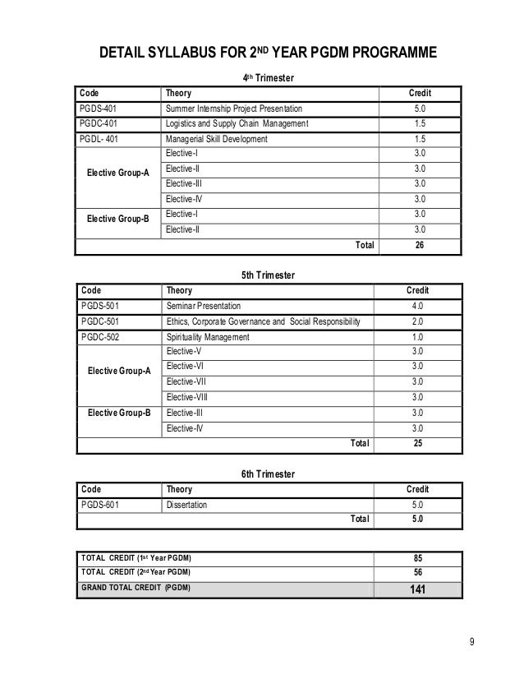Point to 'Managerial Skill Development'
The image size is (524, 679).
click(x=217, y=139)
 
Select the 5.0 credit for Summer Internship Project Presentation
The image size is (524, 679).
click(x=419, y=109)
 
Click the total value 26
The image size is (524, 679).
click(x=419, y=245)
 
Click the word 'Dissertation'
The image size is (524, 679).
click(x=186, y=505)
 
